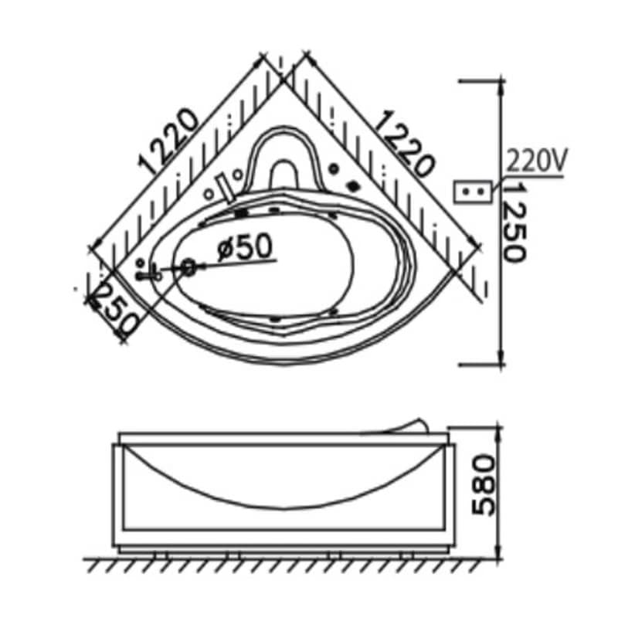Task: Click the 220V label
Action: point(536,161)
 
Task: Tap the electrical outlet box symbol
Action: point(473,192)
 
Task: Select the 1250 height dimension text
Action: point(514,223)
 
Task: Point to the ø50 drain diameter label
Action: point(245,247)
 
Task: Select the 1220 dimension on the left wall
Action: point(168,141)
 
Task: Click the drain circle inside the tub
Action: point(189,267)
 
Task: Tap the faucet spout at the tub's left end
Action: point(148,274)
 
